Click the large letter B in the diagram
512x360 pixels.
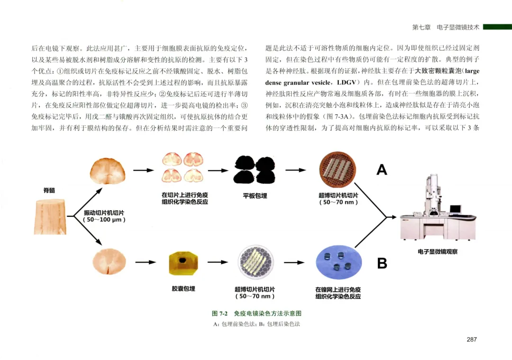(x=382, y=263)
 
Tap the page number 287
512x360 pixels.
(x=471, y=339)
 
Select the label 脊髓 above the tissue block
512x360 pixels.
(x=49, y=190)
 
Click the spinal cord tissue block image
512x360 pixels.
(x=50, y=217)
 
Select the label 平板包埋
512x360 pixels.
(x=255, y=195)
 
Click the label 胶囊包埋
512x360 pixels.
(x=183, y=288)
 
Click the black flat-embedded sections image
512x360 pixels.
(x=255, y=169)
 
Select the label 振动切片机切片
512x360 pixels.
(x=104, y=216)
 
